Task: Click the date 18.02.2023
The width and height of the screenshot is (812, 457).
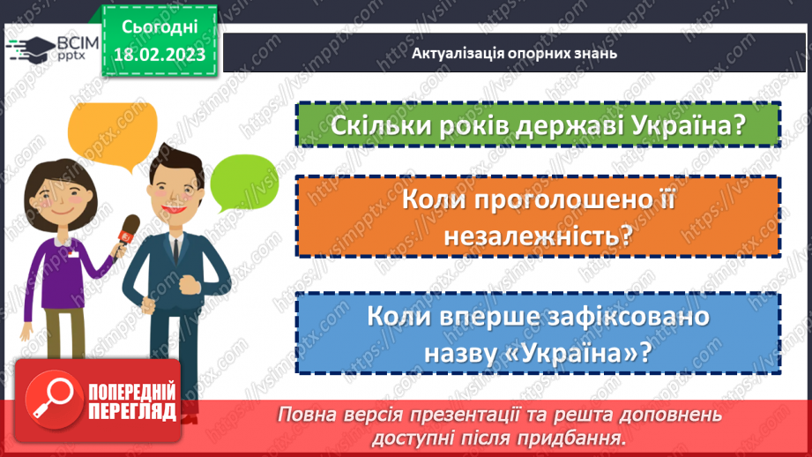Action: coord(158,55)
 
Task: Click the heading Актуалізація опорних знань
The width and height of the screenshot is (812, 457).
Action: coord(514,53)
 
